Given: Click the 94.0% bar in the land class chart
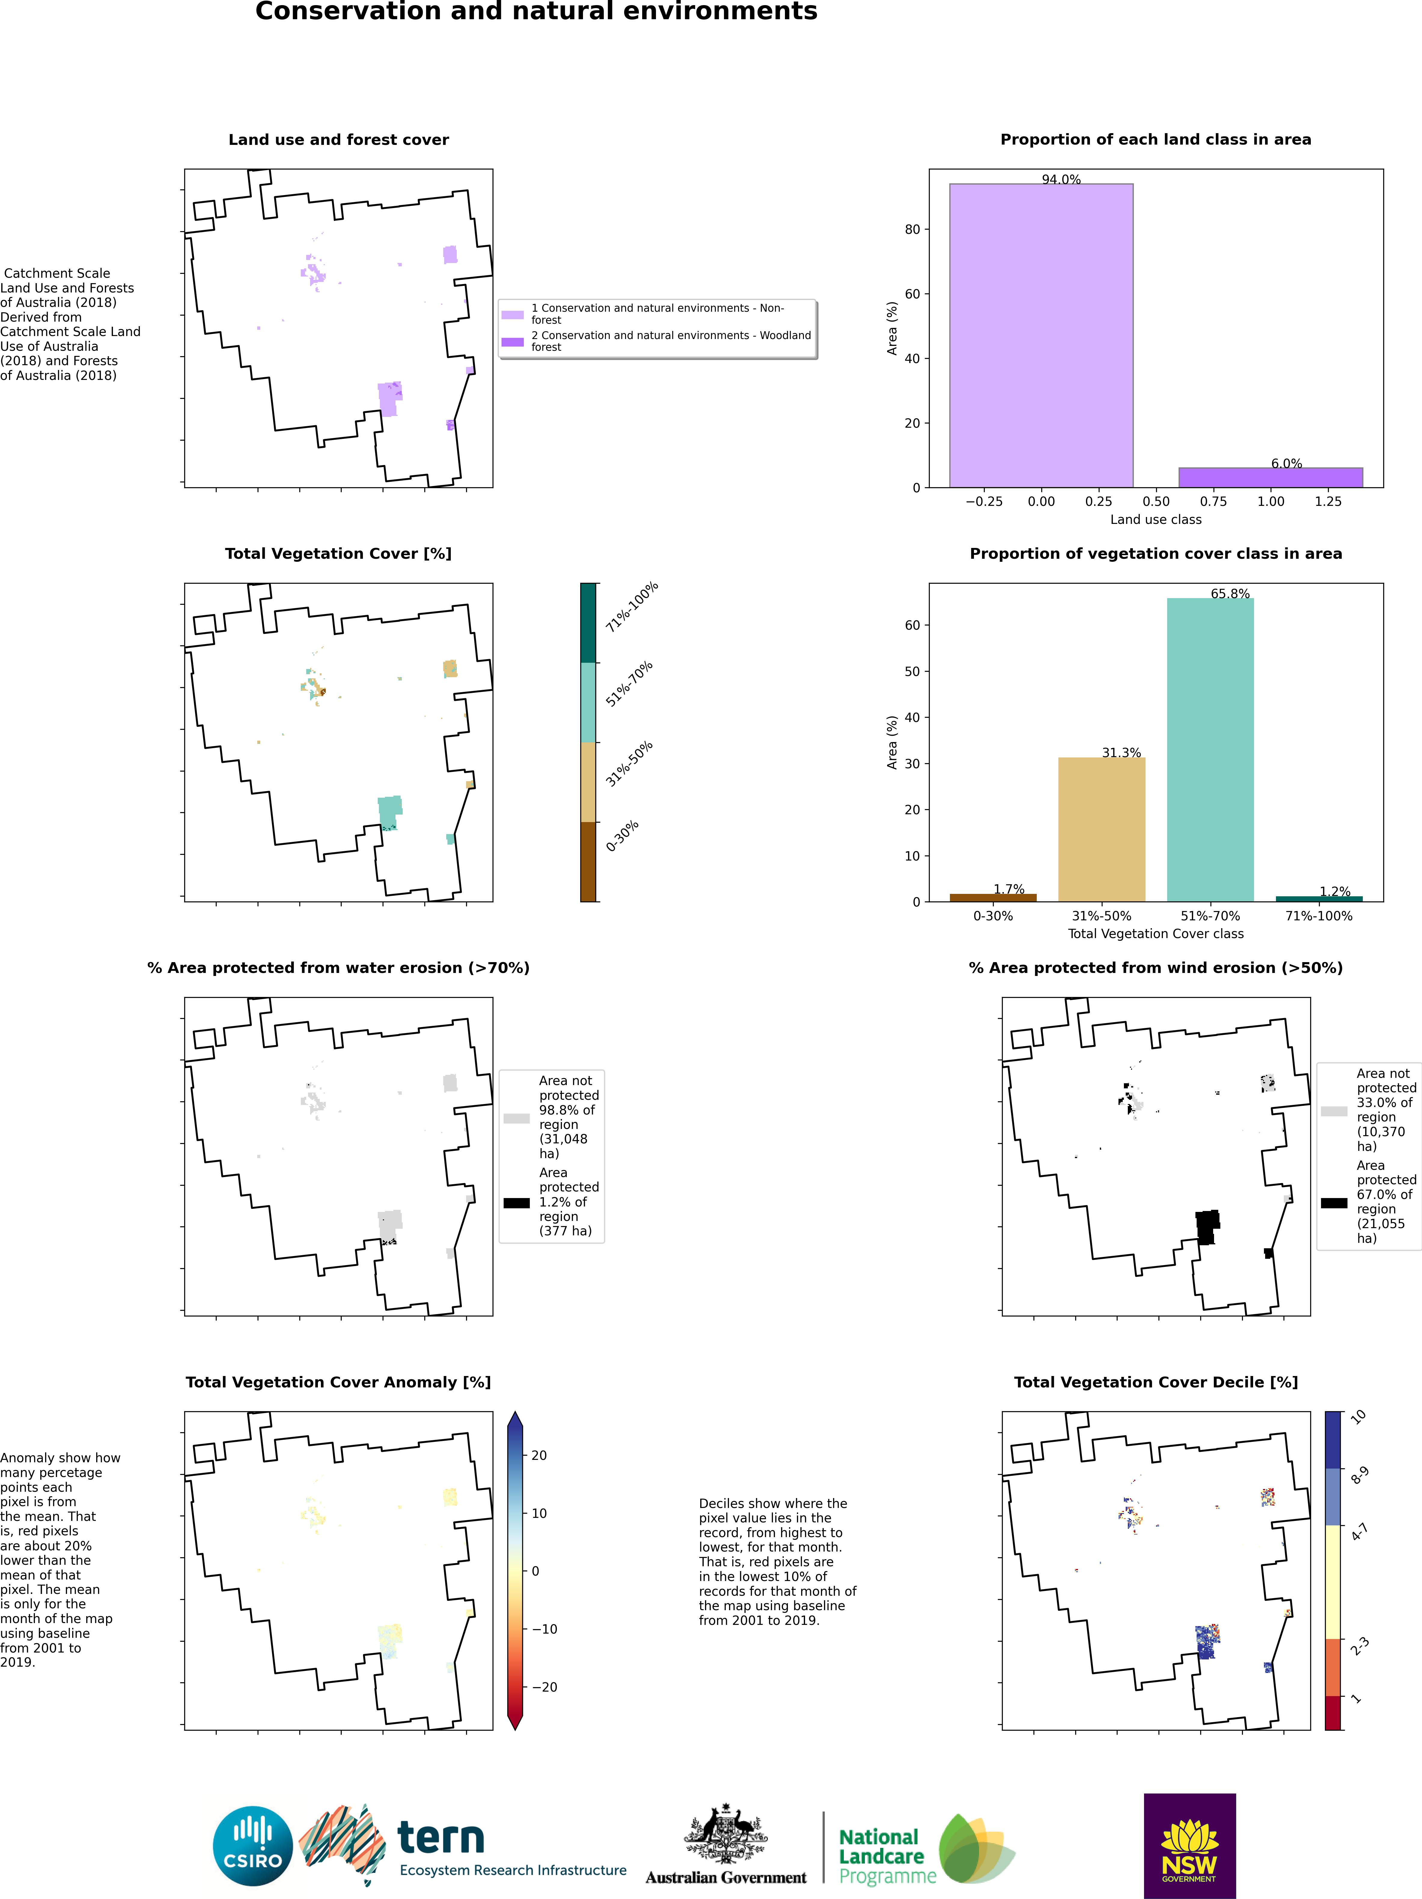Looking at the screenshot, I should click(1041, 335).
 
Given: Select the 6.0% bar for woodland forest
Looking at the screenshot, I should click(1270, 477).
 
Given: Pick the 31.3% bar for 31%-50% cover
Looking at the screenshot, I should click(1101, 828).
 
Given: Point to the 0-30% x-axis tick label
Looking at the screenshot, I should click(993, 916).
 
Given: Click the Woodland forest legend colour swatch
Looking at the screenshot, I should click(512, 342).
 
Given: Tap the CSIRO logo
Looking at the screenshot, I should click(253, 1846).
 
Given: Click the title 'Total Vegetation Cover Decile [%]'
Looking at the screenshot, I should click(1155, 1382).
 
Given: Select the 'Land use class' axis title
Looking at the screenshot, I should click(1155, 519).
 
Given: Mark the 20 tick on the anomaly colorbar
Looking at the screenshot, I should click(539, 1455).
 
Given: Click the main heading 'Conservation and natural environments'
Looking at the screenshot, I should click(536, 12).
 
